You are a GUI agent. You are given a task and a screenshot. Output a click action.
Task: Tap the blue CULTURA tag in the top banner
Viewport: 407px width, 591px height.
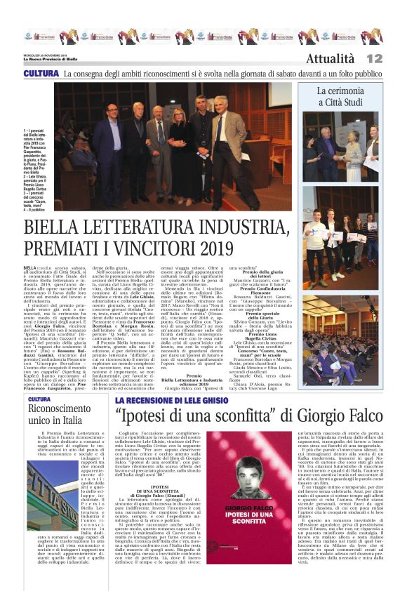click(41, 73)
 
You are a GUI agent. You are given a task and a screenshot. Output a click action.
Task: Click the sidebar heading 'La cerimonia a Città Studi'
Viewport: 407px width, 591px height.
click(350, 96)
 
